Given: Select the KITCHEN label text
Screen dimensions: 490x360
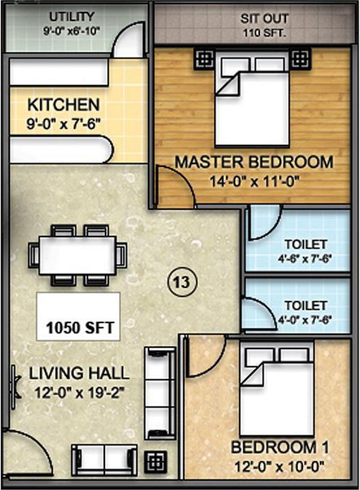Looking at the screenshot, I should click(x=63, y=106).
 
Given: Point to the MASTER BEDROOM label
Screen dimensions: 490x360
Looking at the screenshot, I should click(x=254, y=162).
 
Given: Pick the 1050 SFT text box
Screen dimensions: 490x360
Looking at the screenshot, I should click(x=79, y=327).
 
